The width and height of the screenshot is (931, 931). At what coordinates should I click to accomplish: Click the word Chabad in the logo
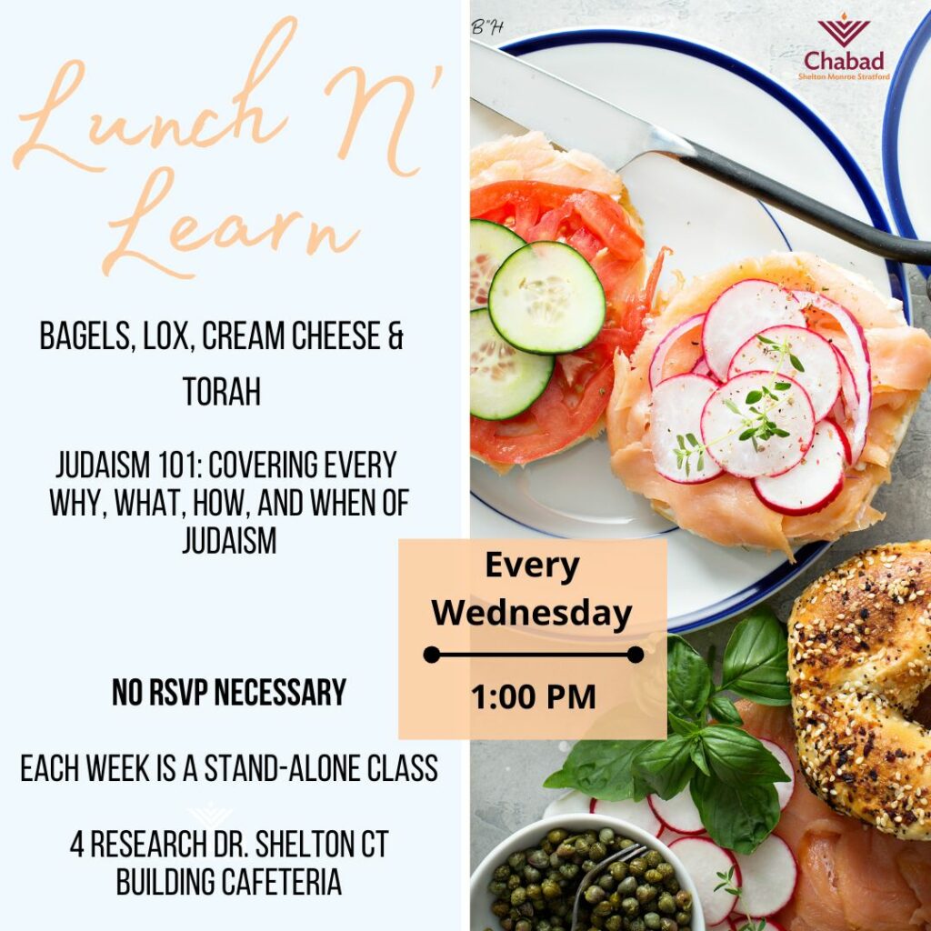point(844,60)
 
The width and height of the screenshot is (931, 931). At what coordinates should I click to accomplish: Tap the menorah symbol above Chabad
point(844,30)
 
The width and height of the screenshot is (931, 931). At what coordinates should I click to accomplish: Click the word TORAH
point(222,392)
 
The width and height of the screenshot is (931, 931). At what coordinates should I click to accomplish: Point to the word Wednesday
point(532,613)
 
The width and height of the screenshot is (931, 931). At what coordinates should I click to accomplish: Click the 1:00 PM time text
point(533,697)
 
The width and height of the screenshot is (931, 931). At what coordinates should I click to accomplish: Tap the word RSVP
point(178,692)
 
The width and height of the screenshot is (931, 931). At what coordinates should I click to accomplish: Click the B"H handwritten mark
point(487,26)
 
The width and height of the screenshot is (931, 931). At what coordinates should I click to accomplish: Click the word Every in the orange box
point(532,566)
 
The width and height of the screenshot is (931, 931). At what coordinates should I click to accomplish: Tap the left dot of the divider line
point(432,655)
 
